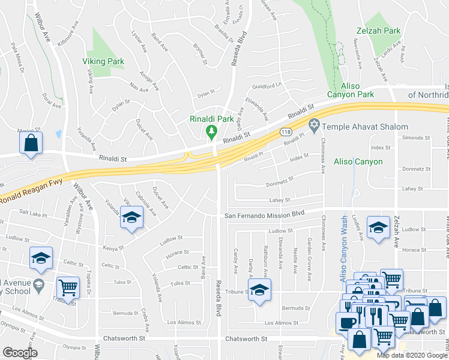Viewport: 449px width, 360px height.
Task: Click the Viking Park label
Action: tap(103, 61)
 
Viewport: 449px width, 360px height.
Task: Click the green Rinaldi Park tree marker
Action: tap(211, 131)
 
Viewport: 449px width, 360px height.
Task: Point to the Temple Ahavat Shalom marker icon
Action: tap(313, 127)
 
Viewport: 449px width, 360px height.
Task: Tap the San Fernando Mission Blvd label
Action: tap(265, 214)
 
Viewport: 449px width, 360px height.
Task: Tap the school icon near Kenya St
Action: tap(131, 216)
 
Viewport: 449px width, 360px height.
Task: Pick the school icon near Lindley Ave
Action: tap(378, 227)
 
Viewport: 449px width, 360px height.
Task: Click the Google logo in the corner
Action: tap(20, 353)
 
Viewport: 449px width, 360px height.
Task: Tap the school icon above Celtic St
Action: tap(41, 258)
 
